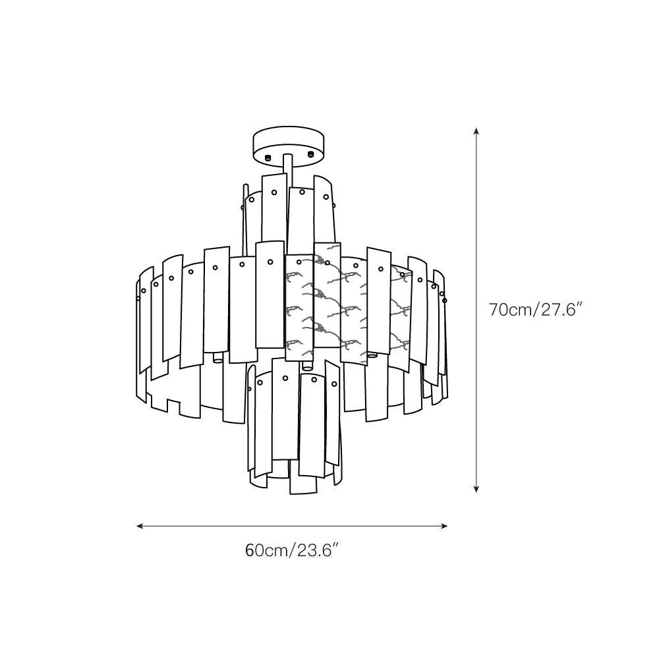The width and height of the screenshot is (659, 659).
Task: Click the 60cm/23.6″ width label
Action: point(292,550)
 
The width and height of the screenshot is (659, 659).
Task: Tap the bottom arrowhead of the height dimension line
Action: point(476,489)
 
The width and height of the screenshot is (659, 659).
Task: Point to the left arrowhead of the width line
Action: point(140,526)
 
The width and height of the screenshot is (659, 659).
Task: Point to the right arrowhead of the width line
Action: point(444,526)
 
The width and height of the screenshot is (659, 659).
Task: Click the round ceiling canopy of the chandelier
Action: point(289,144)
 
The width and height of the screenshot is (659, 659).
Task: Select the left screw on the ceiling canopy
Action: point(268,158)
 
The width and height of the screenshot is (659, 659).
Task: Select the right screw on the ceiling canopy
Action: point(310,154)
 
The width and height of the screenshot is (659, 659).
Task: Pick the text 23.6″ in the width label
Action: point(318,550)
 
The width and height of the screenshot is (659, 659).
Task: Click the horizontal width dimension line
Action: point(292,526)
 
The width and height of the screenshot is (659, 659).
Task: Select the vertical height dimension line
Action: point(476,310)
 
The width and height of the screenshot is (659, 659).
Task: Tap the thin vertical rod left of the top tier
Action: point(244,219)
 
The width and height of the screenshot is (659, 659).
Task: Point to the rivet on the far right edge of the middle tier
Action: point(445,300)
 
